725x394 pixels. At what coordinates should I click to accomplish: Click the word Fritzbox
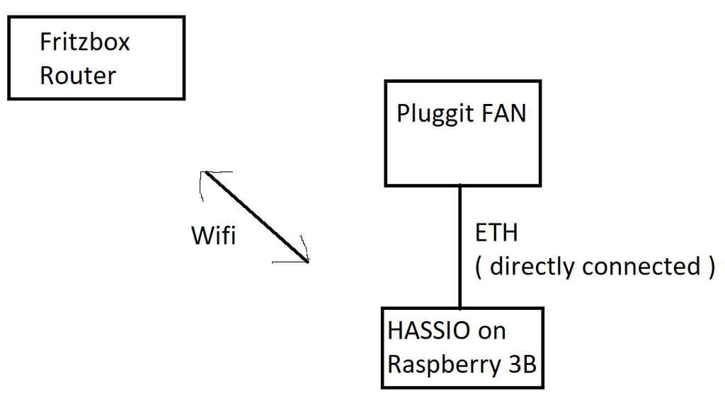(x=85, y=42)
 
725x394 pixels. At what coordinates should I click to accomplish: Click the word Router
(x=78, y=76)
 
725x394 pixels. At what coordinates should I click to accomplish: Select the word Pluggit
(x=432, y=114)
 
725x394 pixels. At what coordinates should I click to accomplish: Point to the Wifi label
(x=213, y=236)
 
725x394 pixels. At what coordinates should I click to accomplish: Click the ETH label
(x=496, y=233)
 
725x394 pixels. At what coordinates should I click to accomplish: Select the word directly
(x=532, y=267)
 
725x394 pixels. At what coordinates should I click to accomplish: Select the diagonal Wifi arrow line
(x=256, y=216)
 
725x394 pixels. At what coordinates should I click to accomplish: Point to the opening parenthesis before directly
(x=479, y=267)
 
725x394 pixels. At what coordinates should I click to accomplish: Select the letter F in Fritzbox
(x=45, y=42)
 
